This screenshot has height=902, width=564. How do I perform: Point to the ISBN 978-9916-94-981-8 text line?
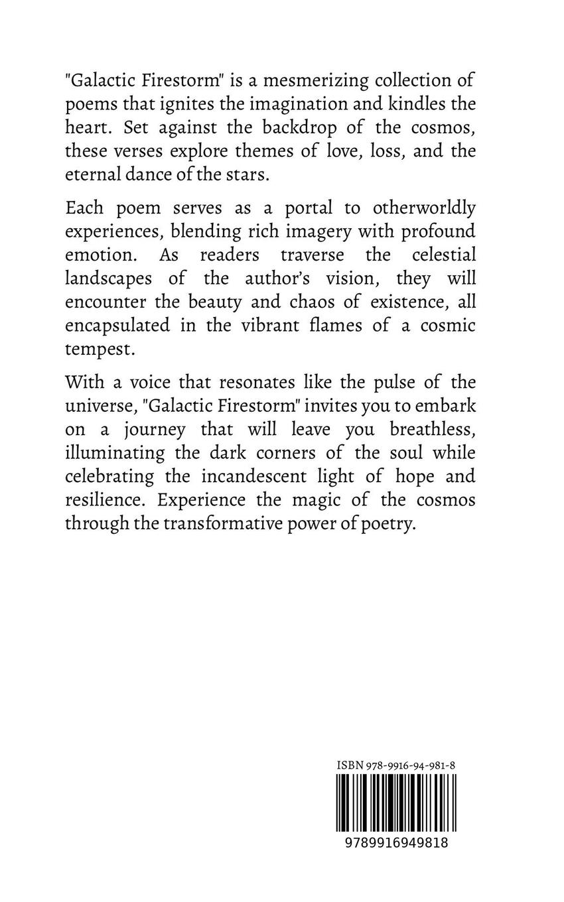click(x=396, y=765)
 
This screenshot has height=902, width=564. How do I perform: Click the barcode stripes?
click(x=396, y=801)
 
